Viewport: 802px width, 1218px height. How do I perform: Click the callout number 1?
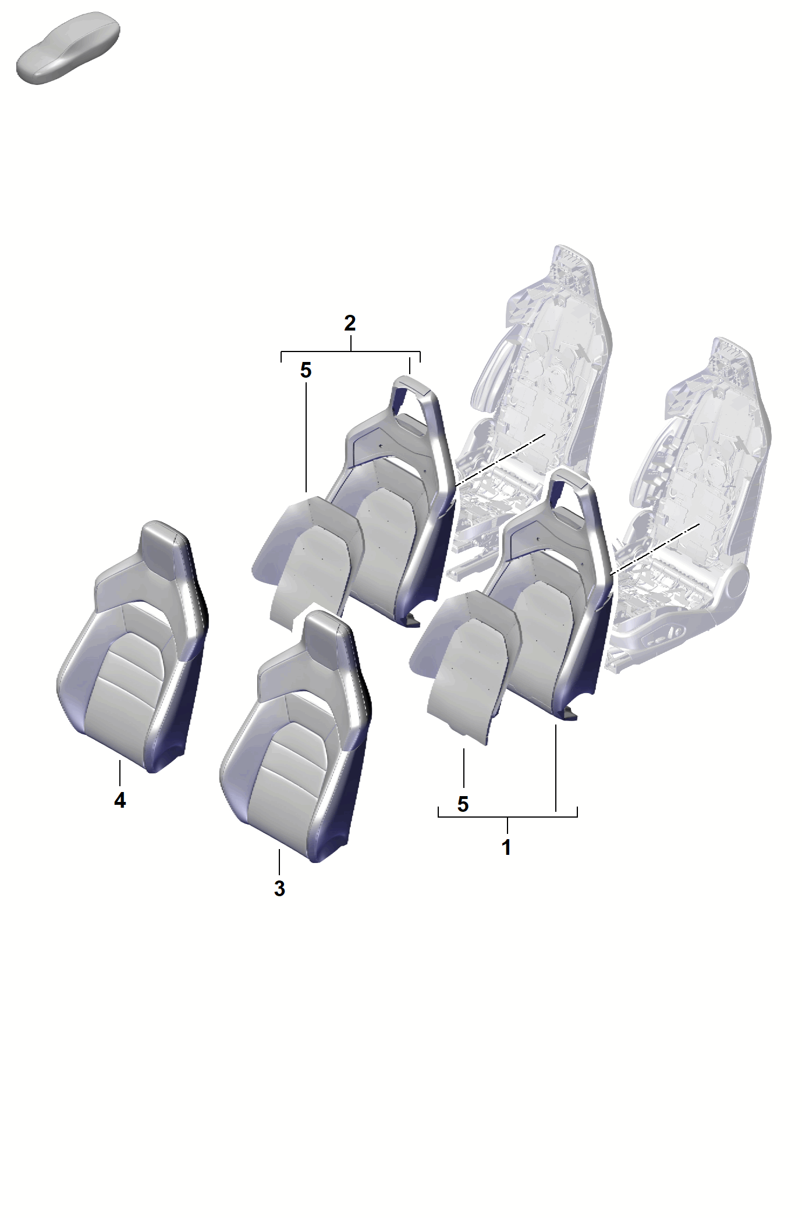coord(506,847)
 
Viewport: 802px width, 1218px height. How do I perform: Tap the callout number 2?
coord(350,323)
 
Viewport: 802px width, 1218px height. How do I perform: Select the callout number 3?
coord(279,889)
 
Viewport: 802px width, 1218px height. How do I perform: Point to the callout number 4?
coord(120,800)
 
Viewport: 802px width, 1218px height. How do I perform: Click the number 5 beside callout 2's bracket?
coord(306,370)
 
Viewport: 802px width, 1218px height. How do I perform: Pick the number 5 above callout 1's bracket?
coord(463,804)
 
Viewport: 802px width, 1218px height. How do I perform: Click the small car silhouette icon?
coord(68,48)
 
